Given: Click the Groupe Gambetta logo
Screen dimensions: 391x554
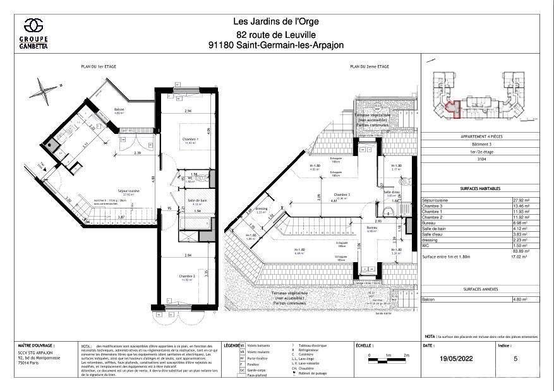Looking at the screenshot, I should pyautogui.click(x=34, y=33).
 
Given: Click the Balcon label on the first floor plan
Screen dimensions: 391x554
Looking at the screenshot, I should pyautogui.click(x=119, y=110).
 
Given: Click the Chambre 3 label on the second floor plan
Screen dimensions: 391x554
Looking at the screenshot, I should pyautogui.click(x=342, y=195).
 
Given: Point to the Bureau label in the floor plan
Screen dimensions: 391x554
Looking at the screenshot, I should pyautogui.click(x=372, y=229).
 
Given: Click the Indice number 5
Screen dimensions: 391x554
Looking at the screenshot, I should pyautogui.click(x=515, y=358).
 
